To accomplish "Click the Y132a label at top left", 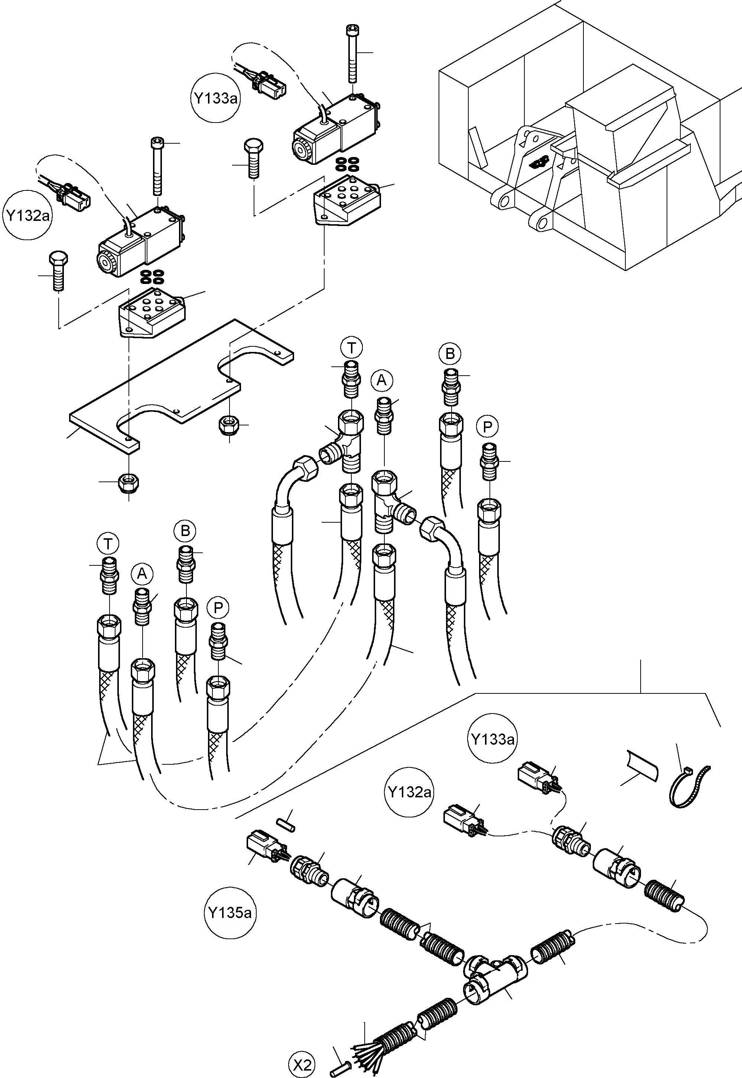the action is (28, 215).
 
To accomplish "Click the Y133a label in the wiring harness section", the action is (492, 738).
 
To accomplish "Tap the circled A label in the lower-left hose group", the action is (142, 574).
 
